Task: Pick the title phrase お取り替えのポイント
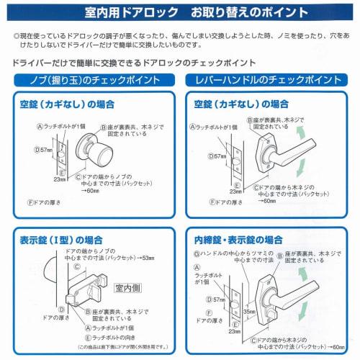[x=241, y=14]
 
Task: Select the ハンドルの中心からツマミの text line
[x=230, y=255]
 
